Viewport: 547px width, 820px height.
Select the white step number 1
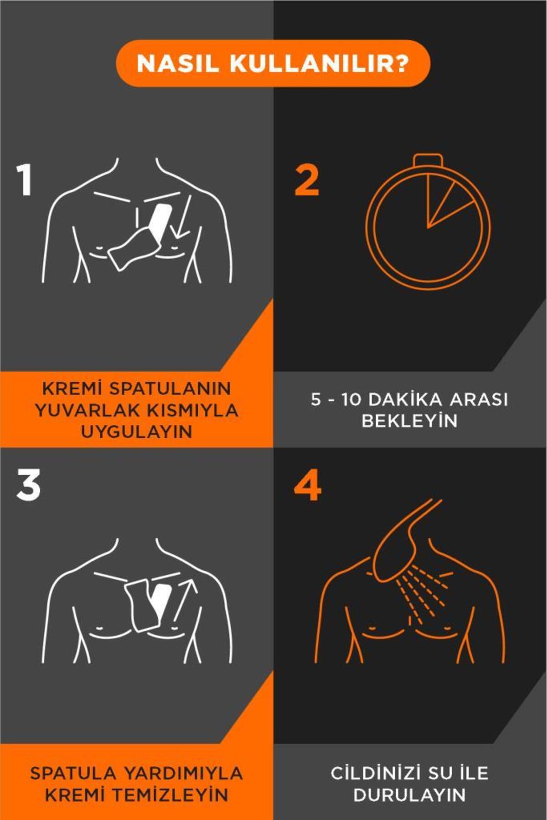tap(24, 180)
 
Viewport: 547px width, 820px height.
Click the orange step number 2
tap(307, 180)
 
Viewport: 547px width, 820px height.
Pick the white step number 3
tap(28, 486)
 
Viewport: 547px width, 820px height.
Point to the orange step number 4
tap(307, 487)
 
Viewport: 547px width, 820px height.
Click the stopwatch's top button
tap(428, 160)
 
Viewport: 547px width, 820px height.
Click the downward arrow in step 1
tap(182, 216)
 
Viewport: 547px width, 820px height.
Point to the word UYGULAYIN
tap(137, 431)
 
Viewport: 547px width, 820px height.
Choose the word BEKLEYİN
tap(409, 421)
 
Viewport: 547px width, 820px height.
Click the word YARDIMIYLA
tap(183, 773)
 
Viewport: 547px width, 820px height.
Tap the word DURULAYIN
tap(409, 795)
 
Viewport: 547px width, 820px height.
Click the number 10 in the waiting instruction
tap(351, 400)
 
